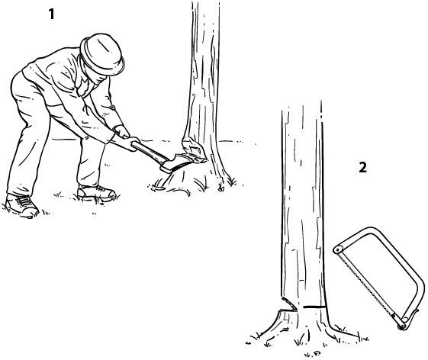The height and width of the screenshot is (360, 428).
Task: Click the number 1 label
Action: coord(51,14)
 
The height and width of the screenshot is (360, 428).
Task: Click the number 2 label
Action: coord(362,167)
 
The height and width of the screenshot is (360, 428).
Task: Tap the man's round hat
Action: coord(102,54)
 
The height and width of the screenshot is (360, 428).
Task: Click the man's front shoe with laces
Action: coord(22,205)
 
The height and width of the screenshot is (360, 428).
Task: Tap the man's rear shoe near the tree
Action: coord(96,192)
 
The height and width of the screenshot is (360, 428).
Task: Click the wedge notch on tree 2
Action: coord(288,305)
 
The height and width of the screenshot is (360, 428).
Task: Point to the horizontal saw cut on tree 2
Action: coord(314,307)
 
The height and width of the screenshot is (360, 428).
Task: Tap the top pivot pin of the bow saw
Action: coord(339,249)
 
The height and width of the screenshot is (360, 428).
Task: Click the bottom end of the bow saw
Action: coord(401,326)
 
